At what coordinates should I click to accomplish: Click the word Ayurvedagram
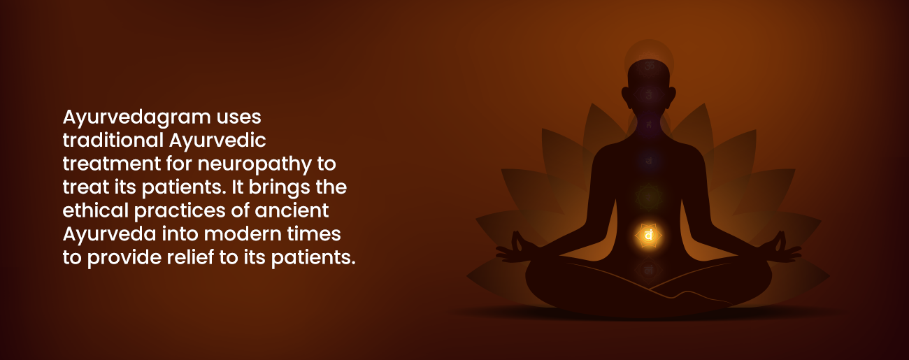(137, 117)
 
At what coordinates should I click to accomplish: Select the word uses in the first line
(238, 117)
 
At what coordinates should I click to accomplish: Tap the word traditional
(113, 140)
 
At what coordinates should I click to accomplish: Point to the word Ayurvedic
(217, 141)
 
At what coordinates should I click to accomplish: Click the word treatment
(112, 164)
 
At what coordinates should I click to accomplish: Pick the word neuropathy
(255, 165)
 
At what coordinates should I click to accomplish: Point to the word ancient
(292, 210)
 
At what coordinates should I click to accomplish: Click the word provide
(124, 258)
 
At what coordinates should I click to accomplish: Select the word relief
(190, 257)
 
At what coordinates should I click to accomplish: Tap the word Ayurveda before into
(109, 235)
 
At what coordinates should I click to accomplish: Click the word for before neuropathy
(179, 164)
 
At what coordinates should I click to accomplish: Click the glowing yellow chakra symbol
(648, 236)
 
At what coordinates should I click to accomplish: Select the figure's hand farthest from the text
(782, 249)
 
